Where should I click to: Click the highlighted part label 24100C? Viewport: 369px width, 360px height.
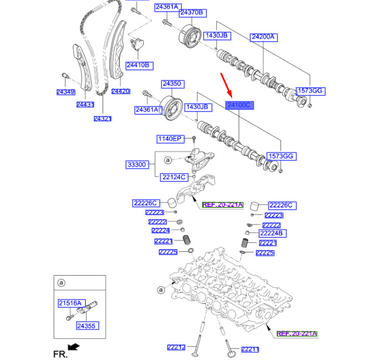point(239,105)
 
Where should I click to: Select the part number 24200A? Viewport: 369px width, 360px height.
point(264,37)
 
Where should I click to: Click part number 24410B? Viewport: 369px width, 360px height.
point(138,65)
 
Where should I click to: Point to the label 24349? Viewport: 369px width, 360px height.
point(65,92)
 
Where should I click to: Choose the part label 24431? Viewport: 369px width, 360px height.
point(85,104)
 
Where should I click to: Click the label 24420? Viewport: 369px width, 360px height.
point(120,92)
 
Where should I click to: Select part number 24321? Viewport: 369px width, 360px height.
point(103,118)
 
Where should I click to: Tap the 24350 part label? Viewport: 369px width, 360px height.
point(172,84)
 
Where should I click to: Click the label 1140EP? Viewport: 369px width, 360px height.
point(169,139)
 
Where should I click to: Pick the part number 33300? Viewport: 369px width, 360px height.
point(137,165)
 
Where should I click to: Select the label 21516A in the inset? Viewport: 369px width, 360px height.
point(70,303)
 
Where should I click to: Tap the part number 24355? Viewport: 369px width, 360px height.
point(87,326)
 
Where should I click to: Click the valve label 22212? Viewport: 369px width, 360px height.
point(176,348)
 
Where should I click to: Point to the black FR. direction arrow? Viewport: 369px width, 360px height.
point(73,347)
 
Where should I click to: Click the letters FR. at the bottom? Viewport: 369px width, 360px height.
point(59,353)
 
